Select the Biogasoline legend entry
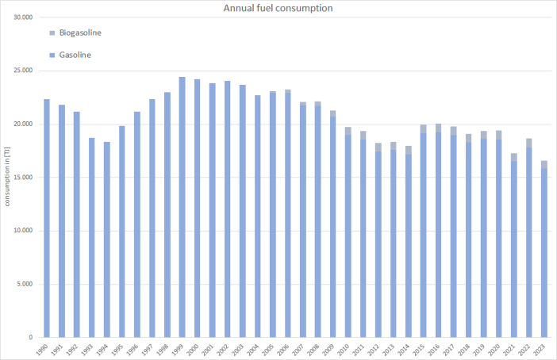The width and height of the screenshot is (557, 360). coord(80,33)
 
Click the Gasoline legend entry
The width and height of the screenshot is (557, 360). coord(75,55)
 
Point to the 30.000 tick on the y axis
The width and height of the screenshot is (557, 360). coord(24,17)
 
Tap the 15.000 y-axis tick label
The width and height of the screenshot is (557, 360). coord(24,178)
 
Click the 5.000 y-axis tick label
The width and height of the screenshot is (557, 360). coord(26,284)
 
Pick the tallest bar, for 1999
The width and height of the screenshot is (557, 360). coord(182,207)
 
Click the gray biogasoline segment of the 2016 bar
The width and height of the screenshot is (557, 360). coord(439,128)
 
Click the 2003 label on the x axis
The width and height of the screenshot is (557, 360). coord(243,348)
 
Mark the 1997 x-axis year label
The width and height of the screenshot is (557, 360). coord(152,348)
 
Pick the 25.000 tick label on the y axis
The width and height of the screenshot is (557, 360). coord(24,71)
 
